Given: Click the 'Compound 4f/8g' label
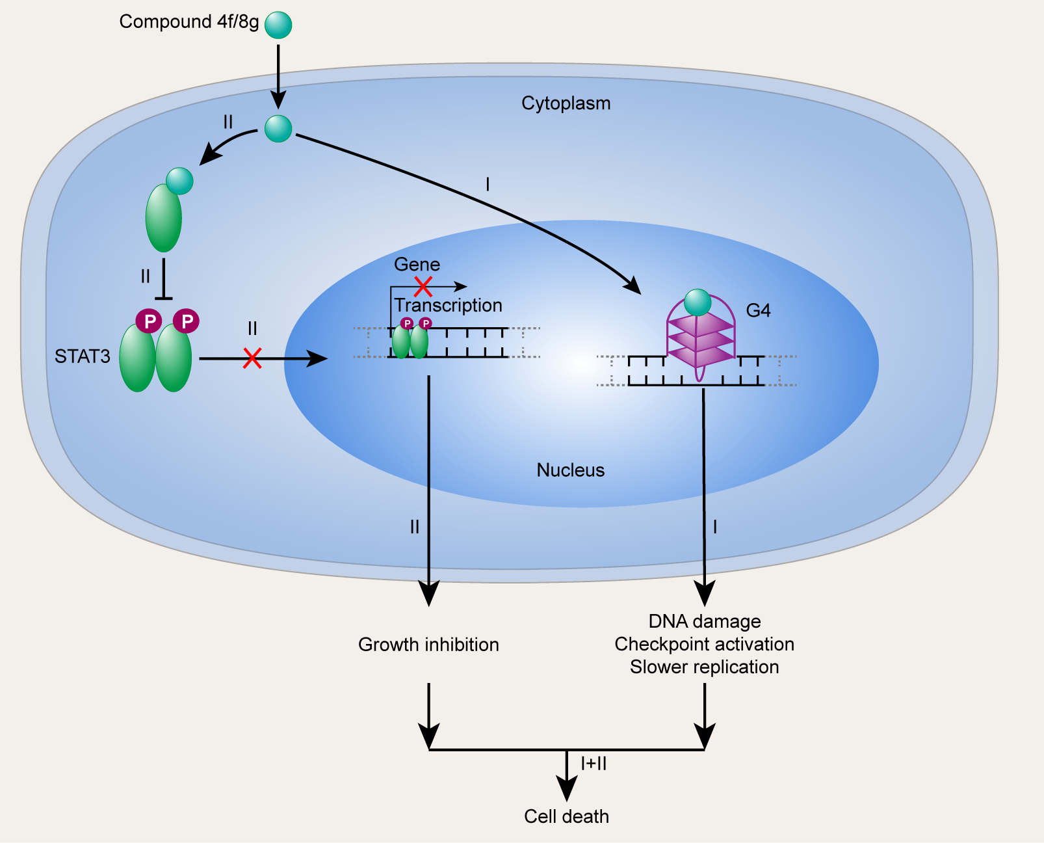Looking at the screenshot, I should click(189, 22).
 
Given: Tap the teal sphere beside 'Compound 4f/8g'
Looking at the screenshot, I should click(278, 25).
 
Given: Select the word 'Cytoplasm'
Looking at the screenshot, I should click(566, 103).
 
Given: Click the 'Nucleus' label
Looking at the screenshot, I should click(570, 470).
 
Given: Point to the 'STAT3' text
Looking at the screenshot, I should click(82, 356).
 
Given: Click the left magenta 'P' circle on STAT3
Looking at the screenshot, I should click(149, 321).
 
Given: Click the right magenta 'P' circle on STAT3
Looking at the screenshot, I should click(187, 321).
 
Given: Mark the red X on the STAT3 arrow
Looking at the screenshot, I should click(252, 358).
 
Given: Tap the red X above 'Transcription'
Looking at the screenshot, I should click(423, 286).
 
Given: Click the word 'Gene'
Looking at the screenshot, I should click(417, 265).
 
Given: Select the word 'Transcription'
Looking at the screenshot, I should click(448, 306).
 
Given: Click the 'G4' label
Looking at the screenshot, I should click(758, 311).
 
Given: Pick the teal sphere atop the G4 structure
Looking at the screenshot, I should click(698, 302).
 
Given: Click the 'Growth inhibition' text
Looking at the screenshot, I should click(428, 645).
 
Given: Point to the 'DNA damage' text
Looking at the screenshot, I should click(705, 621).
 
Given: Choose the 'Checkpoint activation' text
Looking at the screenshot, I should click(705, 644).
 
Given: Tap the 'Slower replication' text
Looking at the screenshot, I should click(705, 667).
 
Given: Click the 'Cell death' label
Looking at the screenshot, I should click(566, 816).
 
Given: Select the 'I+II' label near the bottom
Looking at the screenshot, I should click(594, 764).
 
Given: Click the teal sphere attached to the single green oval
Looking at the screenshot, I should click(179, 181).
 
